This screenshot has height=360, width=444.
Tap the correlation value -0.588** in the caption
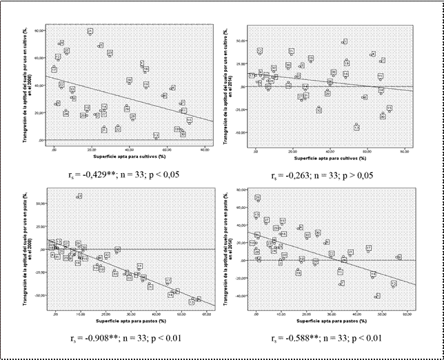[x=298, y=338]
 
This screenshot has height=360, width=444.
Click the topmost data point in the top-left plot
[x=90, y=32]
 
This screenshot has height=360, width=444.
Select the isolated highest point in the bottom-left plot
[x=79, y=197]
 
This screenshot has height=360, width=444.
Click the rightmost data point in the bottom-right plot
[x=398, y=257]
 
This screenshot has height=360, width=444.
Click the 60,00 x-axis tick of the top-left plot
[x=166, y=149]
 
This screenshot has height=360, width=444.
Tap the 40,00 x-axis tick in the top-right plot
[x=330, y=150]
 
